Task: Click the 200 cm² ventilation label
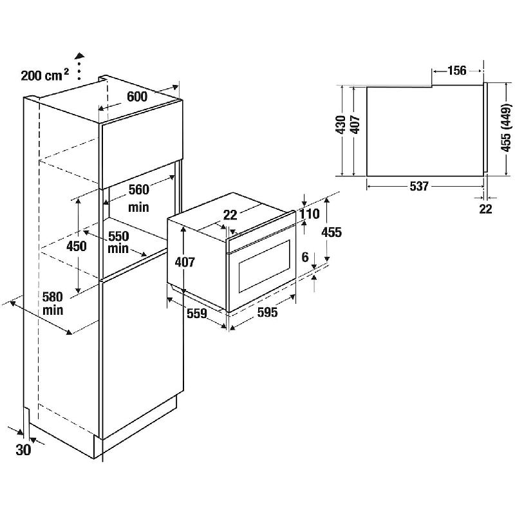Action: tap(45, 75)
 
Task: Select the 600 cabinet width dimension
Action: tap(137, 97)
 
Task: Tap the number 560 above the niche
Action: tap(139, 189)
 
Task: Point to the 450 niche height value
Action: tap(77, 246)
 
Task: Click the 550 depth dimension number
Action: tap(118, 236)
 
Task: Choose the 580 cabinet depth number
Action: tap(53, 297)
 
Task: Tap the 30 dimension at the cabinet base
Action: tap(23, 449)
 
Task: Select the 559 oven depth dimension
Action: tap(197, 314)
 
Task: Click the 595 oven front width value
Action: tap(267, 312)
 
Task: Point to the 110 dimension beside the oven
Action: tap(310, 214)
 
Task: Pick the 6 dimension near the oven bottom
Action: tap(305, 257)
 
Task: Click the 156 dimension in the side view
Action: tap(457, 70)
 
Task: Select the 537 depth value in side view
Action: tap(420, 186)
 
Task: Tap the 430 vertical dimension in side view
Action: tap(341, 125)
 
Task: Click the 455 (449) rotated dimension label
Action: tap(505, 127)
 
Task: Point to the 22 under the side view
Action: tap(486, 209)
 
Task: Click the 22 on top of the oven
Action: tap(230, 215)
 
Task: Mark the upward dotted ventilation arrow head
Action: tap(79, 55)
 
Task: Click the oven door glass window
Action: tap(265, 266)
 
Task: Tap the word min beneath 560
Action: tap(138, 207)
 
